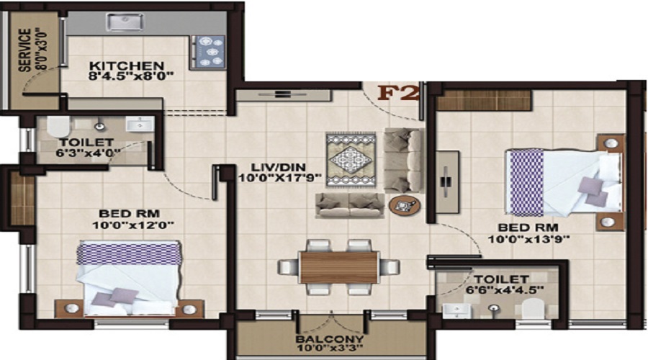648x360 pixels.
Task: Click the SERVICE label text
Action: coord(25,50)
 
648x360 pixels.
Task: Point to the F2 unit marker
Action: coord(399,94)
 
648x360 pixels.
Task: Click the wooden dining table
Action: coord(338,266)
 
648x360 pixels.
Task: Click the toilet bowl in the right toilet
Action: coord(533,309)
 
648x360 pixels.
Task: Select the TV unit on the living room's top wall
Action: coord(284,94)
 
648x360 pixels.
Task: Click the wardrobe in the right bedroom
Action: coord(485,100)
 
